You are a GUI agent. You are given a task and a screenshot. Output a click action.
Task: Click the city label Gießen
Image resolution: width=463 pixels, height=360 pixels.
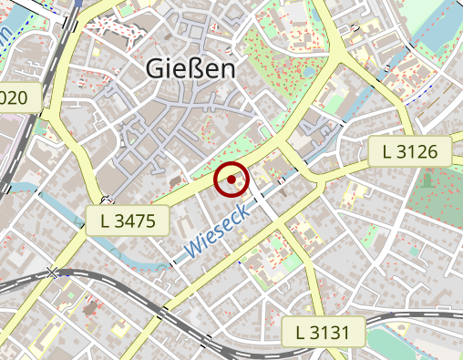point(190,70)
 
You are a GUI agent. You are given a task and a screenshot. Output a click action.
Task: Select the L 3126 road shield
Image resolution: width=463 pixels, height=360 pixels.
point(410,152)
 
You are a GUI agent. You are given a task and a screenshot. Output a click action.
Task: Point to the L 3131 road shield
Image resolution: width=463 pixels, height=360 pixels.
point(323,332)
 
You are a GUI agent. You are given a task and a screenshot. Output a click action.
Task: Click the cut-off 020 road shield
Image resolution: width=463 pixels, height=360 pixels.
point(20,98)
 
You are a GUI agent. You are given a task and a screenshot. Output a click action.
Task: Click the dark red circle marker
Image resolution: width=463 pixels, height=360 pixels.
point(232,180)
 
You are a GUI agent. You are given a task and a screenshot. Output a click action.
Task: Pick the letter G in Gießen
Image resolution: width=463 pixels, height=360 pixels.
point(155,70)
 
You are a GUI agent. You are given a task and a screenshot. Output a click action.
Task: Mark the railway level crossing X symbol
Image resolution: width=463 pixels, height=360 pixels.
point(55,273)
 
